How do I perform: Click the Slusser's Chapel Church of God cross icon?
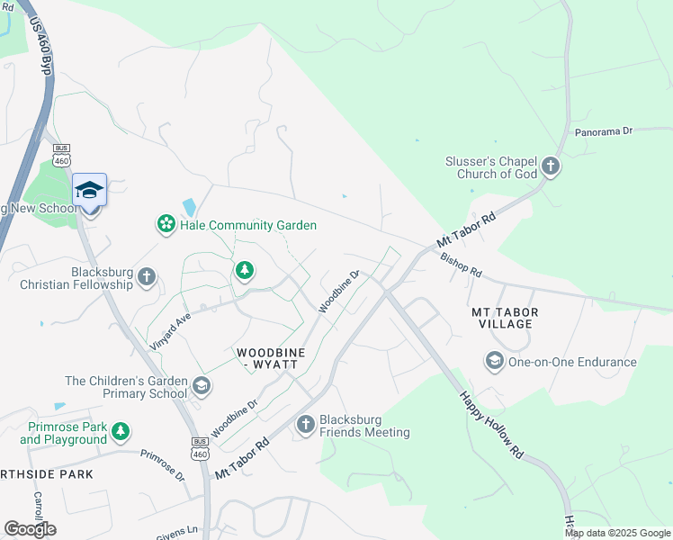551,167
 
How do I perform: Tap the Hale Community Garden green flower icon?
166,224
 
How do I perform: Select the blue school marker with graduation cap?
89,191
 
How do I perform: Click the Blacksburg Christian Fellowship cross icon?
147,277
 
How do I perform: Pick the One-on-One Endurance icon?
494,362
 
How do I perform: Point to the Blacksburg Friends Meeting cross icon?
306,424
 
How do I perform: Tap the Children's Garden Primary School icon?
202,387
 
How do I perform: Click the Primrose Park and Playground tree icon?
121,433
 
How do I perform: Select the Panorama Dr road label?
604,130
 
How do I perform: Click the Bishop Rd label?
461,265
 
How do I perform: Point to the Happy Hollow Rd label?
491,423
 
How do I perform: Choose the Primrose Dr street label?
162,465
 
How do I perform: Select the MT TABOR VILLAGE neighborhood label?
505,319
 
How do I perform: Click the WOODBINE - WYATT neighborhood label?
270,357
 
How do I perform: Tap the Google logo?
30,528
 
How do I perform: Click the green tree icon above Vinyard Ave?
244,270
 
